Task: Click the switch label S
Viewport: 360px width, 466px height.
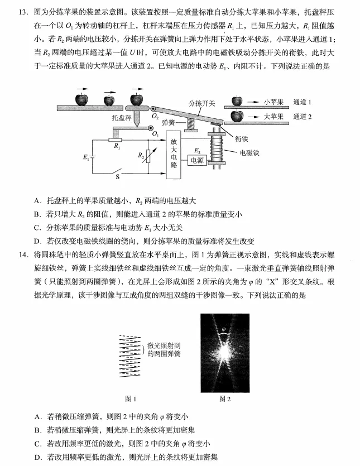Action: click(x=118, y=177)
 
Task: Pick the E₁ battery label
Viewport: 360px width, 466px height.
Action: click(x=85, y=158)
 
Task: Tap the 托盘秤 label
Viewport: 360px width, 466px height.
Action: click(x=121, y=118)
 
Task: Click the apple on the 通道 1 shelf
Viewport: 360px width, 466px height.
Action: click(x=237, y=101)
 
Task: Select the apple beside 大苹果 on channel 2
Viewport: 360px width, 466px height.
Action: click(x=238, y=116)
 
